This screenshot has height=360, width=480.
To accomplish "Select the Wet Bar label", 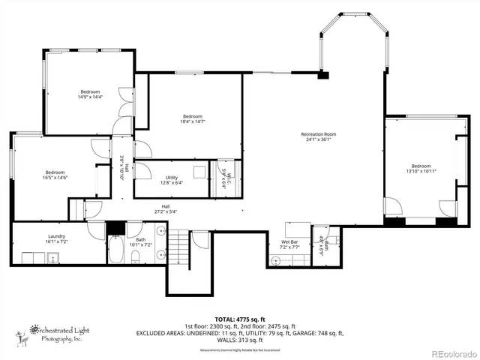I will (x=289, y=241).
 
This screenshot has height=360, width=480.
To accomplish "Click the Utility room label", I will (x=172, y=176).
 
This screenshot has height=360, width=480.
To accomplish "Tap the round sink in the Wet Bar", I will (x=275, y=260).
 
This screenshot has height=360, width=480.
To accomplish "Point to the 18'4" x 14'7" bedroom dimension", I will (x=193, y=121).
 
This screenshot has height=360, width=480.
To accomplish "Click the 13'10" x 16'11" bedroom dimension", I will (x=421, y=171).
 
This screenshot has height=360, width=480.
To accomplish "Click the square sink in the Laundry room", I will (x=53, y=258).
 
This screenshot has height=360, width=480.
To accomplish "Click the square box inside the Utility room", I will (x=199, y=171).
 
